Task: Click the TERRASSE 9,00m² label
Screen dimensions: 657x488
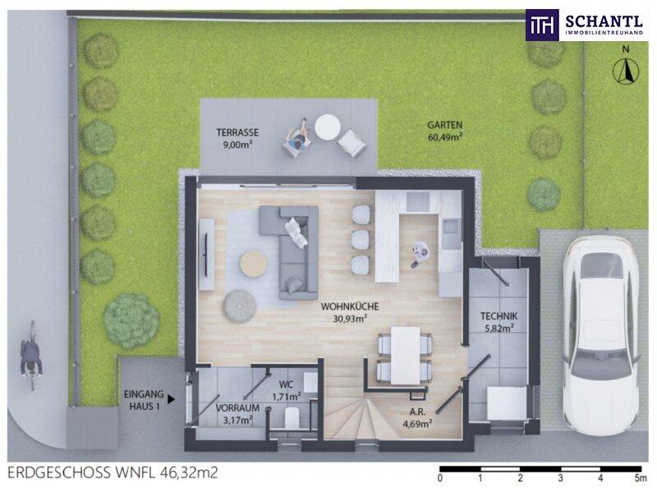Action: click(237, 138)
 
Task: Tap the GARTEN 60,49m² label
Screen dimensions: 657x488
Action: click(444, 131)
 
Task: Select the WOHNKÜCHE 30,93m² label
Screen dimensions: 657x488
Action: click(350, 312)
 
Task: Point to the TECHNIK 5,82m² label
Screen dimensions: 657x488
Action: click(499, 322)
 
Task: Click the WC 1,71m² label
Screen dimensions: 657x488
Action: click(287, 390)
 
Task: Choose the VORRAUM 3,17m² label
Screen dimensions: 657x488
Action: click(237, 413)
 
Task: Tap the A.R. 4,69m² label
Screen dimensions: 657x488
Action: click(417, 417)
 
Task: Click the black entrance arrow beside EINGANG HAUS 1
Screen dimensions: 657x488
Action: click(171, 399)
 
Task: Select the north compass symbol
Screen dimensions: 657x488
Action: click(626, 67)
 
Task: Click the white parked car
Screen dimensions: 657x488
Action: click(600, 330)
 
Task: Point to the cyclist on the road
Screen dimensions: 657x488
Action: click(32, 356)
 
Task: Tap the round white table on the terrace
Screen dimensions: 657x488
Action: click(328, 127)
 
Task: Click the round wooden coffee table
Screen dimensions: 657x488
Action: click(254, 263)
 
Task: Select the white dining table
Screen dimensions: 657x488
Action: click(406, 356)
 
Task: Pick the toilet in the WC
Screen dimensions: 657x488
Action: click(292, 417)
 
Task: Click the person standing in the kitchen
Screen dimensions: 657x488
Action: click(420, 255)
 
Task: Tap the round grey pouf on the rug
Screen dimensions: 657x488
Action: click(240, 306)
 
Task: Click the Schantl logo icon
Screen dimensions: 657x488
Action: click(543, 25)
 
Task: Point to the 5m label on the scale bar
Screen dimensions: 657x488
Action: click(641, 478)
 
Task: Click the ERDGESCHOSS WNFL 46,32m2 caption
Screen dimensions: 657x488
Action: click(113, 473)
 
